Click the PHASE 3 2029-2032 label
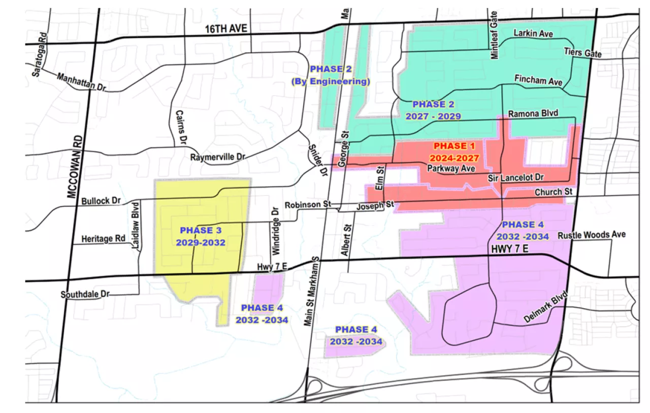tap(201, 237)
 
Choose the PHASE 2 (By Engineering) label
tap(330, 75)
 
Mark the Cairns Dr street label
tap(180, 128)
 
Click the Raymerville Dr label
tap(217, 157)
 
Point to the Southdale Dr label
tap(85, 295)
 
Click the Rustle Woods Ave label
tap(592, 235)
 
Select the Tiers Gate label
tap(582, 53)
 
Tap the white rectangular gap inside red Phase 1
tap(546, 151)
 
